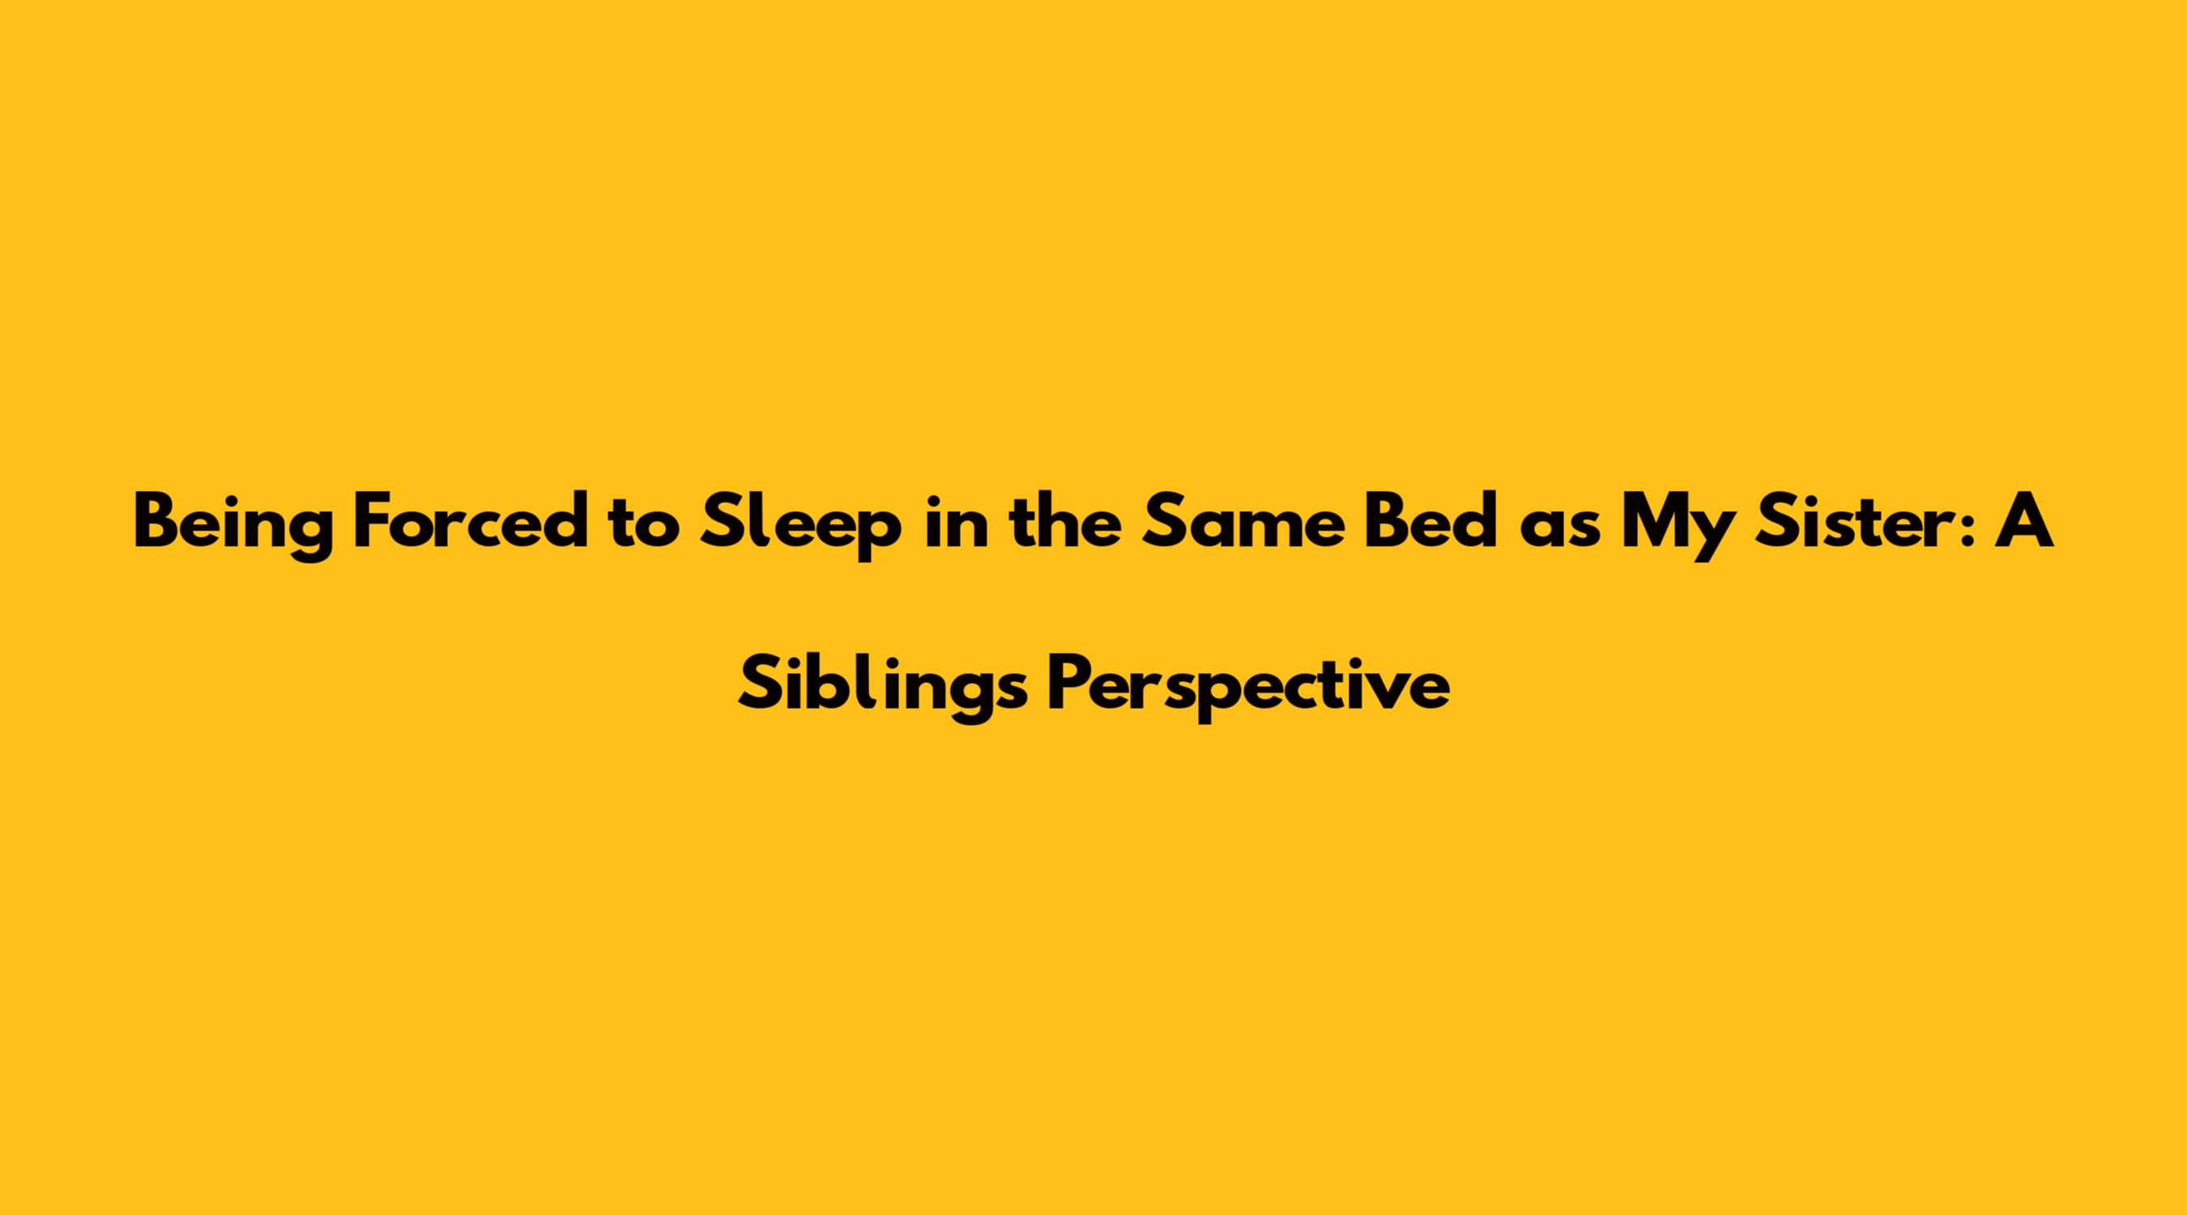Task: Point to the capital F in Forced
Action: point(373,521)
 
